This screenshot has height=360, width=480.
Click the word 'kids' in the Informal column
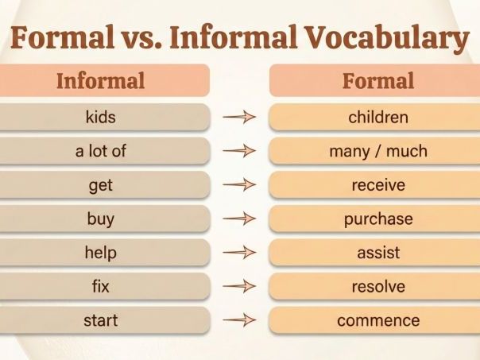[x=100, y=118]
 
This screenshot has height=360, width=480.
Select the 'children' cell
[x=378, y=118]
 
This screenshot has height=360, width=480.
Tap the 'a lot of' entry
[x=101, y=151]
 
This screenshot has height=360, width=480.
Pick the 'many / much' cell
[x=378, y=151]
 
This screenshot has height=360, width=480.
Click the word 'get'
[x=101, y=185]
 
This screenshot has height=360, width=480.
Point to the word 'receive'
[x=378, y=185]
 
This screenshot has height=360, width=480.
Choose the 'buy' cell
[x=101, y=219]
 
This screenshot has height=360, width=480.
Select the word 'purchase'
[x=378, y=219]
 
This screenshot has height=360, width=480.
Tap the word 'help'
[x=101, y=253]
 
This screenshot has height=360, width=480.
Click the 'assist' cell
[x=378, y=253]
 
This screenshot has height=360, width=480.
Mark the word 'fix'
[x=101, y=287]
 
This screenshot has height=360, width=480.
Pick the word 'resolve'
[x=378, y=287]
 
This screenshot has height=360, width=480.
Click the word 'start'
[x=101, y=321]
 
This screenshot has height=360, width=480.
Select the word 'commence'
[x=378, y=321]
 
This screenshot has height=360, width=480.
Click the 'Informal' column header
[x=101, y=81]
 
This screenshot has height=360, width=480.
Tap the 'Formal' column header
[x=378, y=81]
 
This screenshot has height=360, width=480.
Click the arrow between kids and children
[x=239, y=118]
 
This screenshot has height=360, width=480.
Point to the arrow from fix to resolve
[x=239, y=287]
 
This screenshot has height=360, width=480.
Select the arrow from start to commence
[x=239, y=321]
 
